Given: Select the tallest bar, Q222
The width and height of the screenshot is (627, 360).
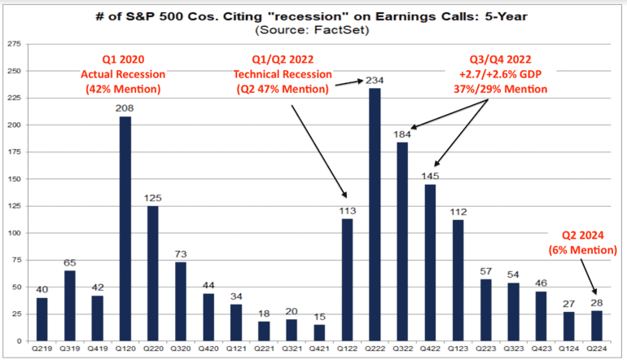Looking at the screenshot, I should pos(374,213).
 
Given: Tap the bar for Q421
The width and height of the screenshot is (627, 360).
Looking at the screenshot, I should pos(318,331).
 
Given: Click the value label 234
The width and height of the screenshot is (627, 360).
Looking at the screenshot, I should pos(376,80).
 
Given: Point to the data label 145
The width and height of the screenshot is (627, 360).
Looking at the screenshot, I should pos(430,176).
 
